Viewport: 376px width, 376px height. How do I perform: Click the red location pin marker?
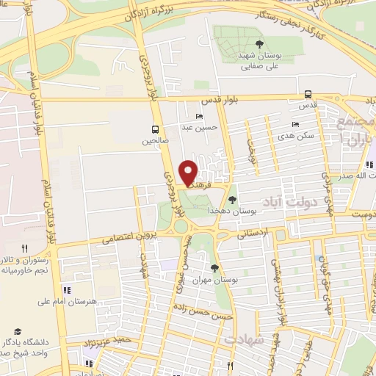point(189,173)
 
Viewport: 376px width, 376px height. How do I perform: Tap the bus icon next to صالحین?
point(156,126)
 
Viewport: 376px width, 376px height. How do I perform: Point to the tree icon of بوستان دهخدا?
point(233,199)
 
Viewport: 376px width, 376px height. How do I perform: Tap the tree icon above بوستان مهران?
point(214,268)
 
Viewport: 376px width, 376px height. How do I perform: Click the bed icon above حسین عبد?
point(200,117)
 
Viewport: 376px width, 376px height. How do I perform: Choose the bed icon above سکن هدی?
point(296,124)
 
